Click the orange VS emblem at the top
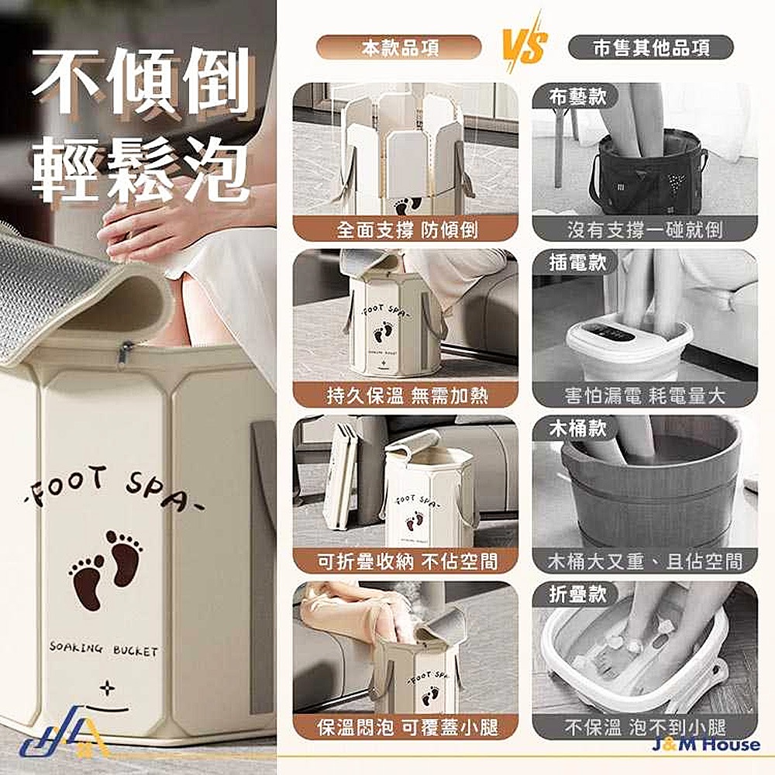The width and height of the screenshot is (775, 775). (525, 46)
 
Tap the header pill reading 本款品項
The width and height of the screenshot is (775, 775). (399, 48)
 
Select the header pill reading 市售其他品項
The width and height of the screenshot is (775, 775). (651, 48)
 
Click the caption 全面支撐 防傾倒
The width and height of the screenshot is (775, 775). (406, 229)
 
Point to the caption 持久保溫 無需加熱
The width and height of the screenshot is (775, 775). (406, 395)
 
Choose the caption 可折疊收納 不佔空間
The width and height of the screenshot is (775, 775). (406, 561)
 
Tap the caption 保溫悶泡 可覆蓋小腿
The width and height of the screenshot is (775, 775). (406, 728)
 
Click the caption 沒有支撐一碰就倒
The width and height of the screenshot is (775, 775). (645, 229)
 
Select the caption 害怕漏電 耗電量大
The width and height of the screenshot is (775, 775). (645, 395)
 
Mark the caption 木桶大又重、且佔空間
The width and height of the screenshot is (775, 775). (645, 561)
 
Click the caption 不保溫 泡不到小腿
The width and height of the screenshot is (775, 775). (645, 728)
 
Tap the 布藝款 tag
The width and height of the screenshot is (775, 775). (577, 96)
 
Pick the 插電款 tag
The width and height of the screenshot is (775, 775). (577, 263)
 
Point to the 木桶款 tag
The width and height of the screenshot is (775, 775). (577, 429)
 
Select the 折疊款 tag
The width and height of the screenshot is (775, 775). (577, 594)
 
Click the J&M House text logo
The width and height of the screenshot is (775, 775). (706, 744)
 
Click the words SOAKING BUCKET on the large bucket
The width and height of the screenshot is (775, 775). (103, 649)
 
